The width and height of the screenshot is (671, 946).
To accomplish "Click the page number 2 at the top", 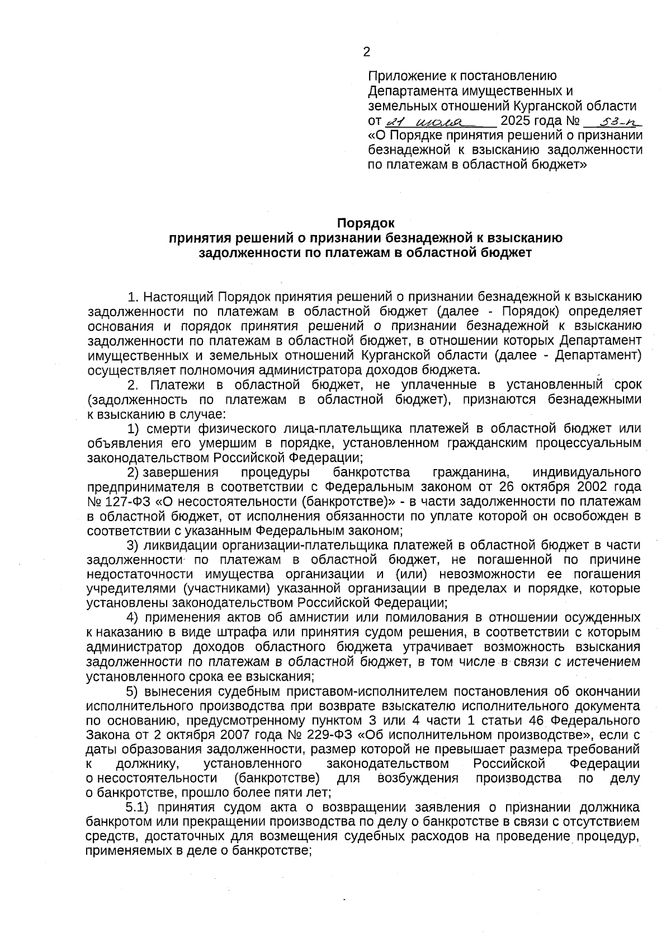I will click(366, 53).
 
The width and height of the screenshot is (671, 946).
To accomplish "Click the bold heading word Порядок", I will click(366, 223).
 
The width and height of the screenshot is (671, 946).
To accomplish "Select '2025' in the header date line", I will click(515, 121).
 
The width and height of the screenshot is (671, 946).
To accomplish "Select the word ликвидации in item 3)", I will click(180, 545).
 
